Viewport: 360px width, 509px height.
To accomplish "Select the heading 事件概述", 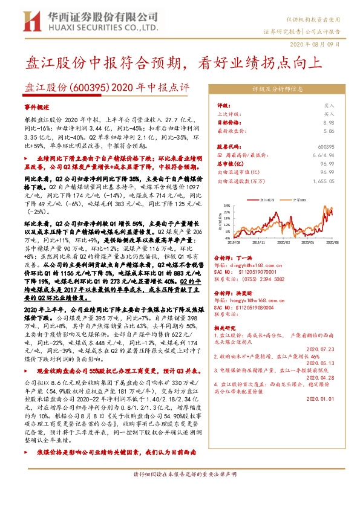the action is (x=34, y=105).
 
